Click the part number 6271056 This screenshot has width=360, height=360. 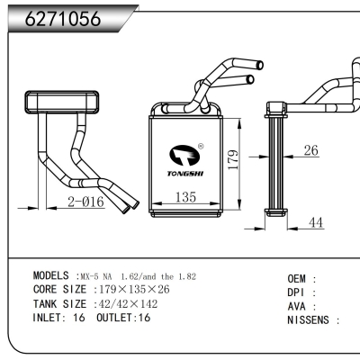tap(61, 18)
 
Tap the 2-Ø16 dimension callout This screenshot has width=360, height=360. tap(86, 202)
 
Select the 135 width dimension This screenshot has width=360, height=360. tap(185, 197)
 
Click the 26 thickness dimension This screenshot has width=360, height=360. tap(310, 150)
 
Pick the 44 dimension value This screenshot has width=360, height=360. tap(316, 222)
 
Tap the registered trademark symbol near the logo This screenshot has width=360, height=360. tap(200, 146)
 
